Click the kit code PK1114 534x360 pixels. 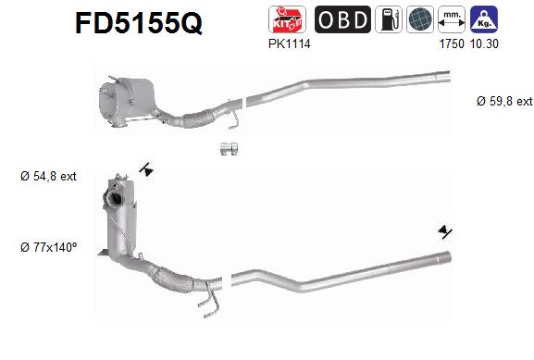[x=290, y=43]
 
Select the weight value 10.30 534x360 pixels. [x=485, y=43]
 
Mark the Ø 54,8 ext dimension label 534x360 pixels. [x=49, y=176]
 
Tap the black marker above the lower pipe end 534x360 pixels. [x=447, y=231]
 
